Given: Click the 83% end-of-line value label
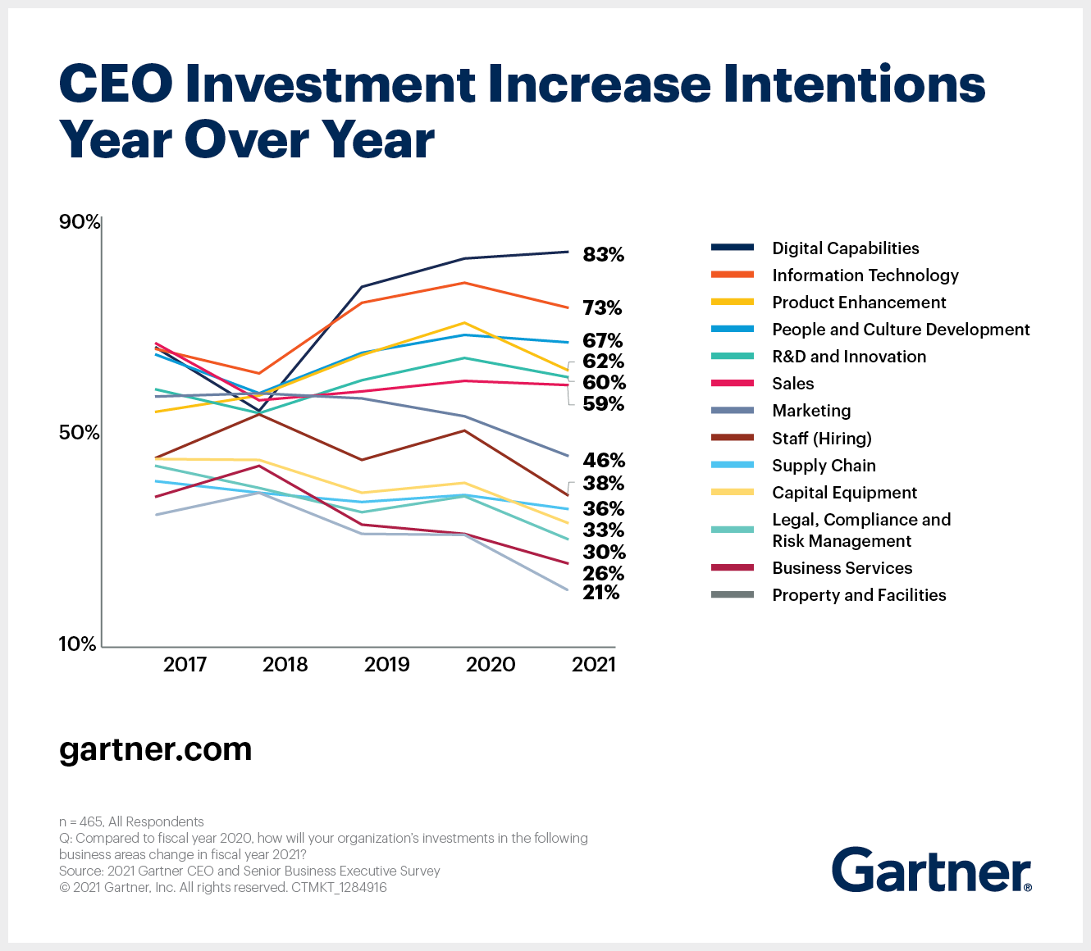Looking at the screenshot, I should point(603,255).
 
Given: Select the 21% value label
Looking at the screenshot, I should point(600,593).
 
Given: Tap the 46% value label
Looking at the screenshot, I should point(603,460).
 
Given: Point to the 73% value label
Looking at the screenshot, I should point(602,308).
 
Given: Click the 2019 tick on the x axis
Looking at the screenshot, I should point(386,664).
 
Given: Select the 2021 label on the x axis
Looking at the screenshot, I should point(593,664).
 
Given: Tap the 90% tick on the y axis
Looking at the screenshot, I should point(80,222).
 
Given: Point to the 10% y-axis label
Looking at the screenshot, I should point(78,644).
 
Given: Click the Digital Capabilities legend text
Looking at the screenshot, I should point(845,248).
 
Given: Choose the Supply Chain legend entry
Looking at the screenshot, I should point(824,466).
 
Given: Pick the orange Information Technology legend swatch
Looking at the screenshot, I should point(732,275).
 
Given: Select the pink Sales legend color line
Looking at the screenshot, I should point(732,384).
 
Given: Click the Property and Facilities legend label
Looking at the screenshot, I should point(859,595).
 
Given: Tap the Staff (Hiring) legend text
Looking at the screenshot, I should point(821,439).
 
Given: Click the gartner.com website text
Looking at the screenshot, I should point(155,749).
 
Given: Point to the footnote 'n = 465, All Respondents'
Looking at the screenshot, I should point(131,821).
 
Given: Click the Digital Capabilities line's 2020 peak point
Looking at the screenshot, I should point(465,258).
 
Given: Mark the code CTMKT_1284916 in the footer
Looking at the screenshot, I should point(339,887).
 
